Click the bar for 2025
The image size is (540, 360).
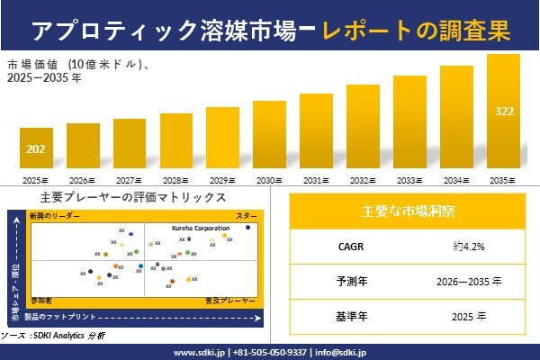(x=36, y=149)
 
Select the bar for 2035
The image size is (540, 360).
(x=504, y=113)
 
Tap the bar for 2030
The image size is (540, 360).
(x=269, y=136)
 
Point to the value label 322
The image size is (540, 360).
(x=504, y=111)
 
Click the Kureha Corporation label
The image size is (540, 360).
(x=200, y=229)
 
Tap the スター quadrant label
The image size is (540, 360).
(x=247, y=217)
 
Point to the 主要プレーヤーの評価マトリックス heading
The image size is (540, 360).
(x=132, y=197)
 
